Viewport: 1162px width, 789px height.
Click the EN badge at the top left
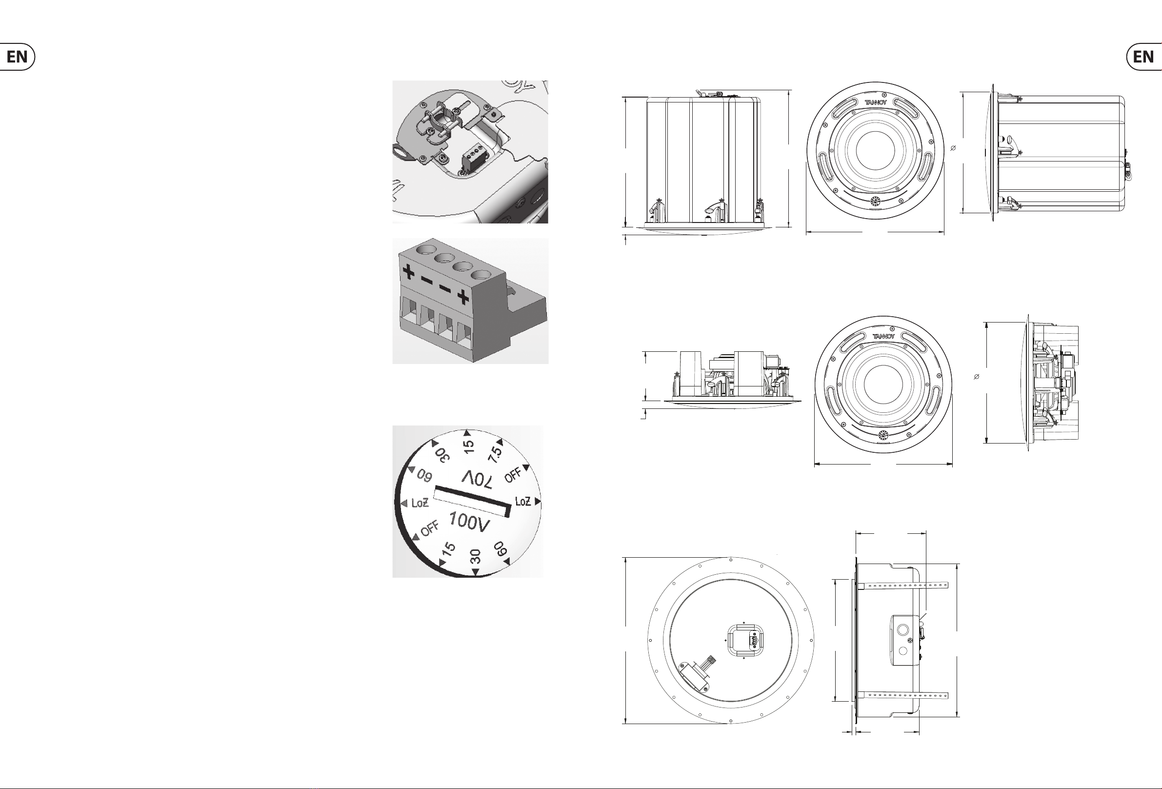click(x=17, y=57)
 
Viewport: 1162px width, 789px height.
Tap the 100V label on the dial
click(x=468, y=523)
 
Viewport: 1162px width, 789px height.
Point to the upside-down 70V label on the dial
click(x=478, y=479)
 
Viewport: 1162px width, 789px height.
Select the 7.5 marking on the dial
click(x=495, y=454)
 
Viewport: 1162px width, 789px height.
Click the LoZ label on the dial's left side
click(x=420, y=503)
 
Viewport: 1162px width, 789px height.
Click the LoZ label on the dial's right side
click(x=522, y=501)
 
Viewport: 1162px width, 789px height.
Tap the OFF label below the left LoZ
click(x=429, y=528)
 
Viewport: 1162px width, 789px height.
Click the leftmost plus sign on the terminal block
click(x=408, y=273)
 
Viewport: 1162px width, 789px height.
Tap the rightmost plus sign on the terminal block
click(x=463, y=298)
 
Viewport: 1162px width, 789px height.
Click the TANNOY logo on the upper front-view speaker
click(x=876, y=102)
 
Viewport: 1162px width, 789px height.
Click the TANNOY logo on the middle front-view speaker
click(x=883, y=336)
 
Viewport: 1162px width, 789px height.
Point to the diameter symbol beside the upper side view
click(x=953, y=148)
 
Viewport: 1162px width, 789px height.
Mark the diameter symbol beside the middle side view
click(x=977, y=377)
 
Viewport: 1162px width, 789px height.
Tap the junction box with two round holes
click(x=904, y=641)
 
